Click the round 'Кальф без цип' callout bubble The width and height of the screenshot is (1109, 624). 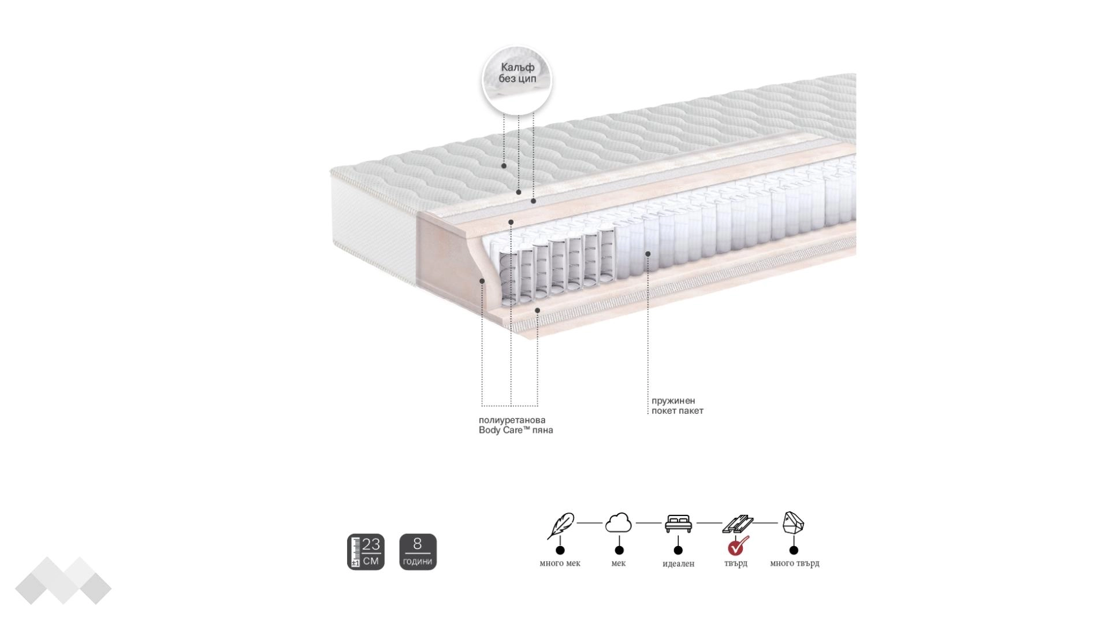[517, 80]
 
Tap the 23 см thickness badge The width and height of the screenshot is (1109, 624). [366, 552]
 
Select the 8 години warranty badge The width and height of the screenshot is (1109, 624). [418, 552]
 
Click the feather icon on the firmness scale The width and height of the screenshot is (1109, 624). [560, 526]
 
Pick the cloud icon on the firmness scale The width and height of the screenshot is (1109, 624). [618, 523]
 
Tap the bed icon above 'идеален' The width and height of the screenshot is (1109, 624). [678, 523]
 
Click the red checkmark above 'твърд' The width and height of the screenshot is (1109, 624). [738, 545]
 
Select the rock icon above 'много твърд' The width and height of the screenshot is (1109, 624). [793, 523]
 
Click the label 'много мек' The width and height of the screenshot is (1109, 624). [560, 563]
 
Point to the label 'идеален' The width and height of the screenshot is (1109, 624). [678, 563]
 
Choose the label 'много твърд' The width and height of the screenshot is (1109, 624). [794, 563]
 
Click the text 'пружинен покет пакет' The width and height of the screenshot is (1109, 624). [678, 406]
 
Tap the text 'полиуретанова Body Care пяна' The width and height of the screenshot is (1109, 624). [516, 425]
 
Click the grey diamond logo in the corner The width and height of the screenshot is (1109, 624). [63, 581]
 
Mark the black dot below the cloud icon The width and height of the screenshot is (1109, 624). [619, 550]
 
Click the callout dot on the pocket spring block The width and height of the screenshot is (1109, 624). [648, 254]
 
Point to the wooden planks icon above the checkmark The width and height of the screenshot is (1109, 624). [738, 524]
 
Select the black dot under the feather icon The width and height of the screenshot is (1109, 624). [560, 550]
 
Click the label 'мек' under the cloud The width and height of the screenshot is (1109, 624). [618, 563]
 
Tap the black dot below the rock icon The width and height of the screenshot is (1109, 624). [794, 550]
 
